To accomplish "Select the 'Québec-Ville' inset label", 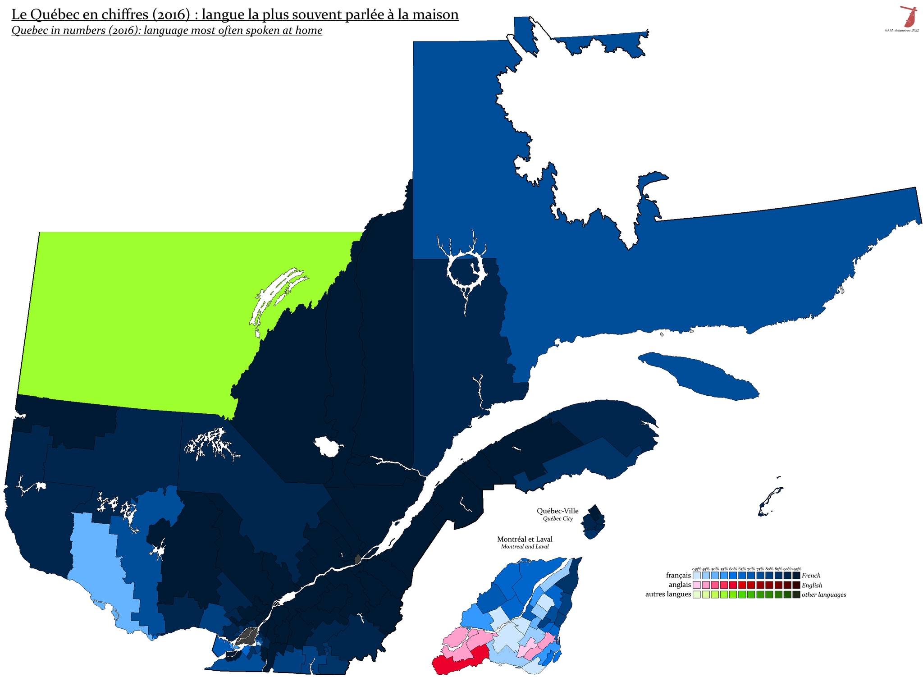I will tap(557, 511).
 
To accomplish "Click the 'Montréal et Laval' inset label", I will tap(525, 539).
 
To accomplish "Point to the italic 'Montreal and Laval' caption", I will tap(525, 547).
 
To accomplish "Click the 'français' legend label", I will tap(678, 576).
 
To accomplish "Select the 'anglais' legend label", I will tap(680, 585).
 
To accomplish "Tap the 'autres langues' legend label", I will tap(668, 594).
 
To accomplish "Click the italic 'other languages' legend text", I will tap(824, 595).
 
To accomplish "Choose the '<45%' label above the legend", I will tap(696, 569).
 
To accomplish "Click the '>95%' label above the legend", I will tap(796, 569).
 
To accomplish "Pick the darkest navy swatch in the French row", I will tap(796, 576).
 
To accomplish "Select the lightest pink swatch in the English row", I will tap(697, 585).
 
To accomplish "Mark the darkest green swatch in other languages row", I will tap(796, 595).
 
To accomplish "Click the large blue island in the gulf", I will tap(699, 376).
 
